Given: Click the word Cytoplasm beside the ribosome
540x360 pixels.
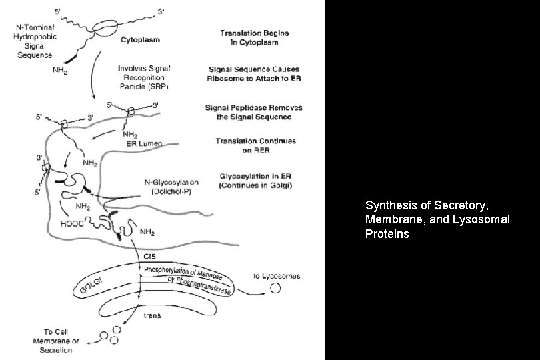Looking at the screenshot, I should [x=140, y=40].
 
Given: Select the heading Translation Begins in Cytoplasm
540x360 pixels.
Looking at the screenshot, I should [x=249, y=37].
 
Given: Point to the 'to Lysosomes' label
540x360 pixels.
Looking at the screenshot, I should [x=276, y=275].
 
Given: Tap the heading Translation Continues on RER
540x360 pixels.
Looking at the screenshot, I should [x=246, y=146].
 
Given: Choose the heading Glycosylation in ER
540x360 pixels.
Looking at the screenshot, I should [x=255, y=180].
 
